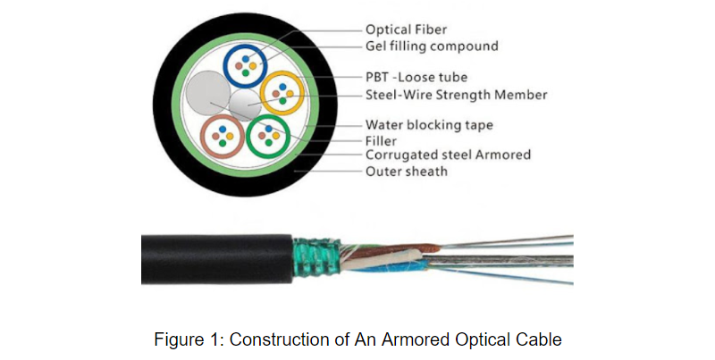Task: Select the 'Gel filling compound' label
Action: pyautogui.click(x=432, y=46)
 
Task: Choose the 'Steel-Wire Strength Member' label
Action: pyautogui.click(x=456, y=94)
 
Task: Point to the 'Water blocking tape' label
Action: pyautogui.click(x=429, y=125)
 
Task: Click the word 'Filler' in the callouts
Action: pyautogui.click(x=382, y=141)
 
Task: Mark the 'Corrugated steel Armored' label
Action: pyautogui.click(x=448, y=155)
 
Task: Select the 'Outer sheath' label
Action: pyautogui.click(x=406, y=171)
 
